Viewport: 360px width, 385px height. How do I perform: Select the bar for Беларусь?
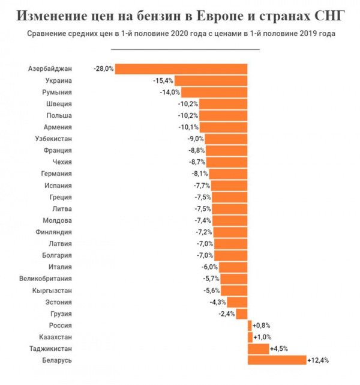(277, 360)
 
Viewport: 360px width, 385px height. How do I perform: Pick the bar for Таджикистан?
(258, 348)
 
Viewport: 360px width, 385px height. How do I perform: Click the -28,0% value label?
(104, 68)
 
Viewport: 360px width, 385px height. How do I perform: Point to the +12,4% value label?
(318, 360)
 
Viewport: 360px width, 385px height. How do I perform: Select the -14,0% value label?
(170, 92)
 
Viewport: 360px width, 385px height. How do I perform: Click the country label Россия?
(59, 325)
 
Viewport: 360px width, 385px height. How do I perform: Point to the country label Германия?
(56, 174)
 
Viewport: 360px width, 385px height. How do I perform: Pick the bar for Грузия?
(242, 314)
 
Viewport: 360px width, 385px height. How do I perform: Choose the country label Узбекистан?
(52, 139)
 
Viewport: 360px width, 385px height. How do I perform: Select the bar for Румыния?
(214, 92)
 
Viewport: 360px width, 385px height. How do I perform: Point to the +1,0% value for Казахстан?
(263, 337)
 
